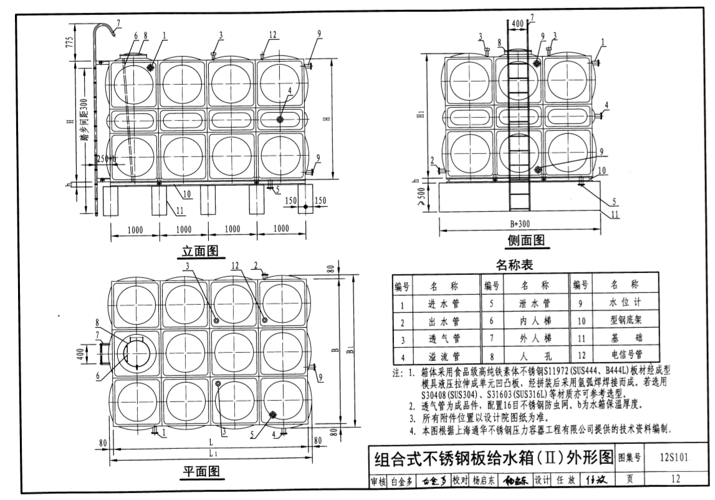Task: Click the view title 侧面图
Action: (525, 240)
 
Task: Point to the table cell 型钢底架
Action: (624, 322)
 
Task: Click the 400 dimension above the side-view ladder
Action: (517, 23)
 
